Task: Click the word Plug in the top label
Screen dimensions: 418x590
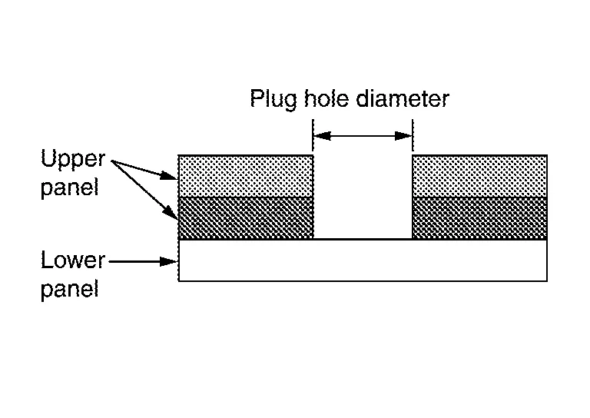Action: [269, 100]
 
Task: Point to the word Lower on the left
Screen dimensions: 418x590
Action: [72, 261]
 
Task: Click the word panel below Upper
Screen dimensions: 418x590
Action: [70, 187]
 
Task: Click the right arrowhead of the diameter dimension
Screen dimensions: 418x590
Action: [404, 136]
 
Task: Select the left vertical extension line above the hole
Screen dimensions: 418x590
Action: [313, 134]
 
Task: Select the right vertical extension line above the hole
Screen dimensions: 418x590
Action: [413, 134]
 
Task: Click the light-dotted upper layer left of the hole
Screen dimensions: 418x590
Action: [246, 176]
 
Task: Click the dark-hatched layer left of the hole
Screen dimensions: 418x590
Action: [246, 218]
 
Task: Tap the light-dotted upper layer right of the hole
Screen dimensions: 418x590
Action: [480, 176]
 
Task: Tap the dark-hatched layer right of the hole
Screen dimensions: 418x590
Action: [480, 218]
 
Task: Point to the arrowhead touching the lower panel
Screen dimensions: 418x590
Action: [171, 261]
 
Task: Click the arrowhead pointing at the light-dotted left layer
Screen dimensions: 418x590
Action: [171, 177]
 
